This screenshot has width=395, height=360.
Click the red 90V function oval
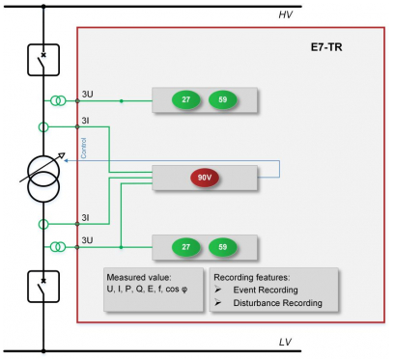tap(205, 178)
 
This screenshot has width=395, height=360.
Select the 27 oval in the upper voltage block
tap(185, 99)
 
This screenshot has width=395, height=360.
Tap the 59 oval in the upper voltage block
tap(223, 99)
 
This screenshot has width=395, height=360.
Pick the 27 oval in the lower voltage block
tap(185, 247)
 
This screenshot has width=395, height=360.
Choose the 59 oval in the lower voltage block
tap(223, 247)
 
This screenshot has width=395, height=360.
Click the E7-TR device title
tap(326, 47)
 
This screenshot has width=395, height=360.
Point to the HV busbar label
tap(286, 14)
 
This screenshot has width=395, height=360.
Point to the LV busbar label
tap(285, 342)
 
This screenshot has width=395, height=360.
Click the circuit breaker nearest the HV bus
tap(43, 60)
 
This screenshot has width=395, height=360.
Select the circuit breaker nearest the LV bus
tap(43, 287)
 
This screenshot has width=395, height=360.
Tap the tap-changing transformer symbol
tap(43, 179)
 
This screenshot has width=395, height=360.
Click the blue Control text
tap(84, 148)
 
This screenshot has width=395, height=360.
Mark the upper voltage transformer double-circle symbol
tap(58, 101)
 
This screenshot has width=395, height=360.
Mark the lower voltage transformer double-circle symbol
tap(58, 247)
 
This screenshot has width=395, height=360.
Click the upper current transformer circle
tap(43, 127)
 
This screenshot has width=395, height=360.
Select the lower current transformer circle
tap(43, 224)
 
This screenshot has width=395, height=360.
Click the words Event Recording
tap(266, 290)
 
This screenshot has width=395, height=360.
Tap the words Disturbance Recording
tap(278, 303)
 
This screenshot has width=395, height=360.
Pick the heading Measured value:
tap(139, 277)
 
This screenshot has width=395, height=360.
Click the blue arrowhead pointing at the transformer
tap(66, 160)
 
